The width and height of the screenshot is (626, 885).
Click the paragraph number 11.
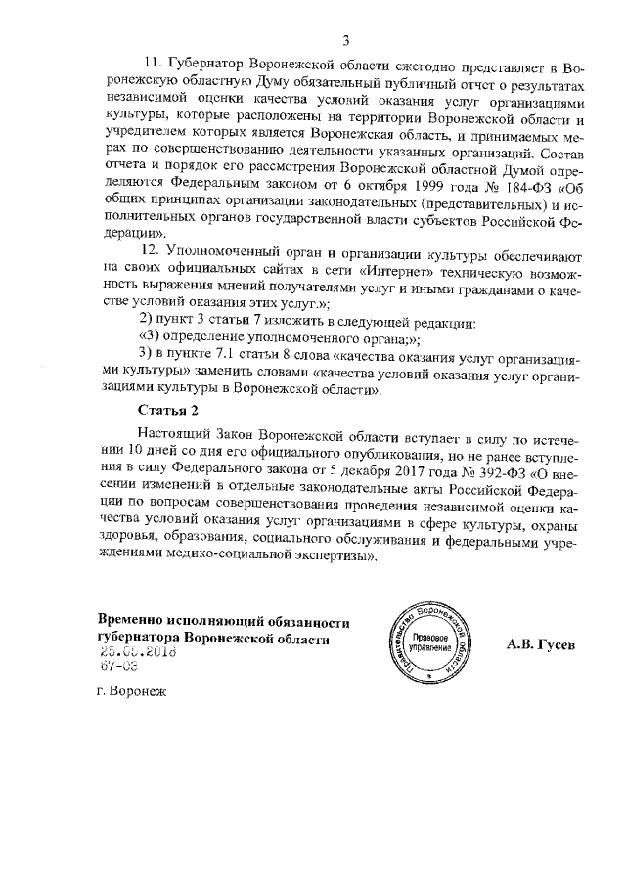(x=152, y=66)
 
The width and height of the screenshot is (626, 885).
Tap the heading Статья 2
(x=170, y=408)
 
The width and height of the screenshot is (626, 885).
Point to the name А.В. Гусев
(x=542, y=644)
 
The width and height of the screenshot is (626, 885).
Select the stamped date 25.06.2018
(x=132, y=653)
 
